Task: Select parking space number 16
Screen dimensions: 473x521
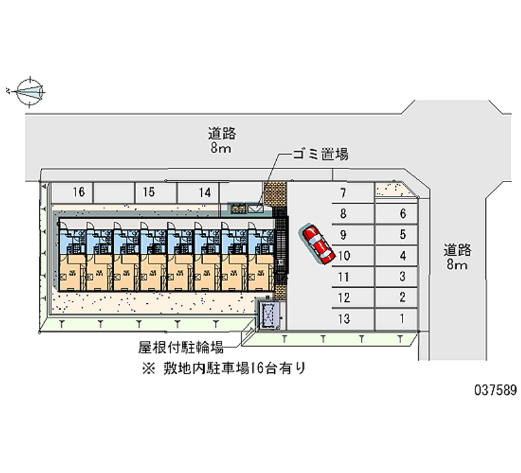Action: tap(79, 192)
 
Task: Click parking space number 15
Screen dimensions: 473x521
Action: tap(148, 192)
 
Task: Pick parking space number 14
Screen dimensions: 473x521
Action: tap(204, 192)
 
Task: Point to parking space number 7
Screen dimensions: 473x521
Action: tap(343, 193)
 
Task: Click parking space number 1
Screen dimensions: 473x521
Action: tap(403, 319)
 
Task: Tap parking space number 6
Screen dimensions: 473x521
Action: tap(403, 213)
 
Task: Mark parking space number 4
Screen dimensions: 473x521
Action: tap(403, 256)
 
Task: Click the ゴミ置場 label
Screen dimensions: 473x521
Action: tap(320, 154)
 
